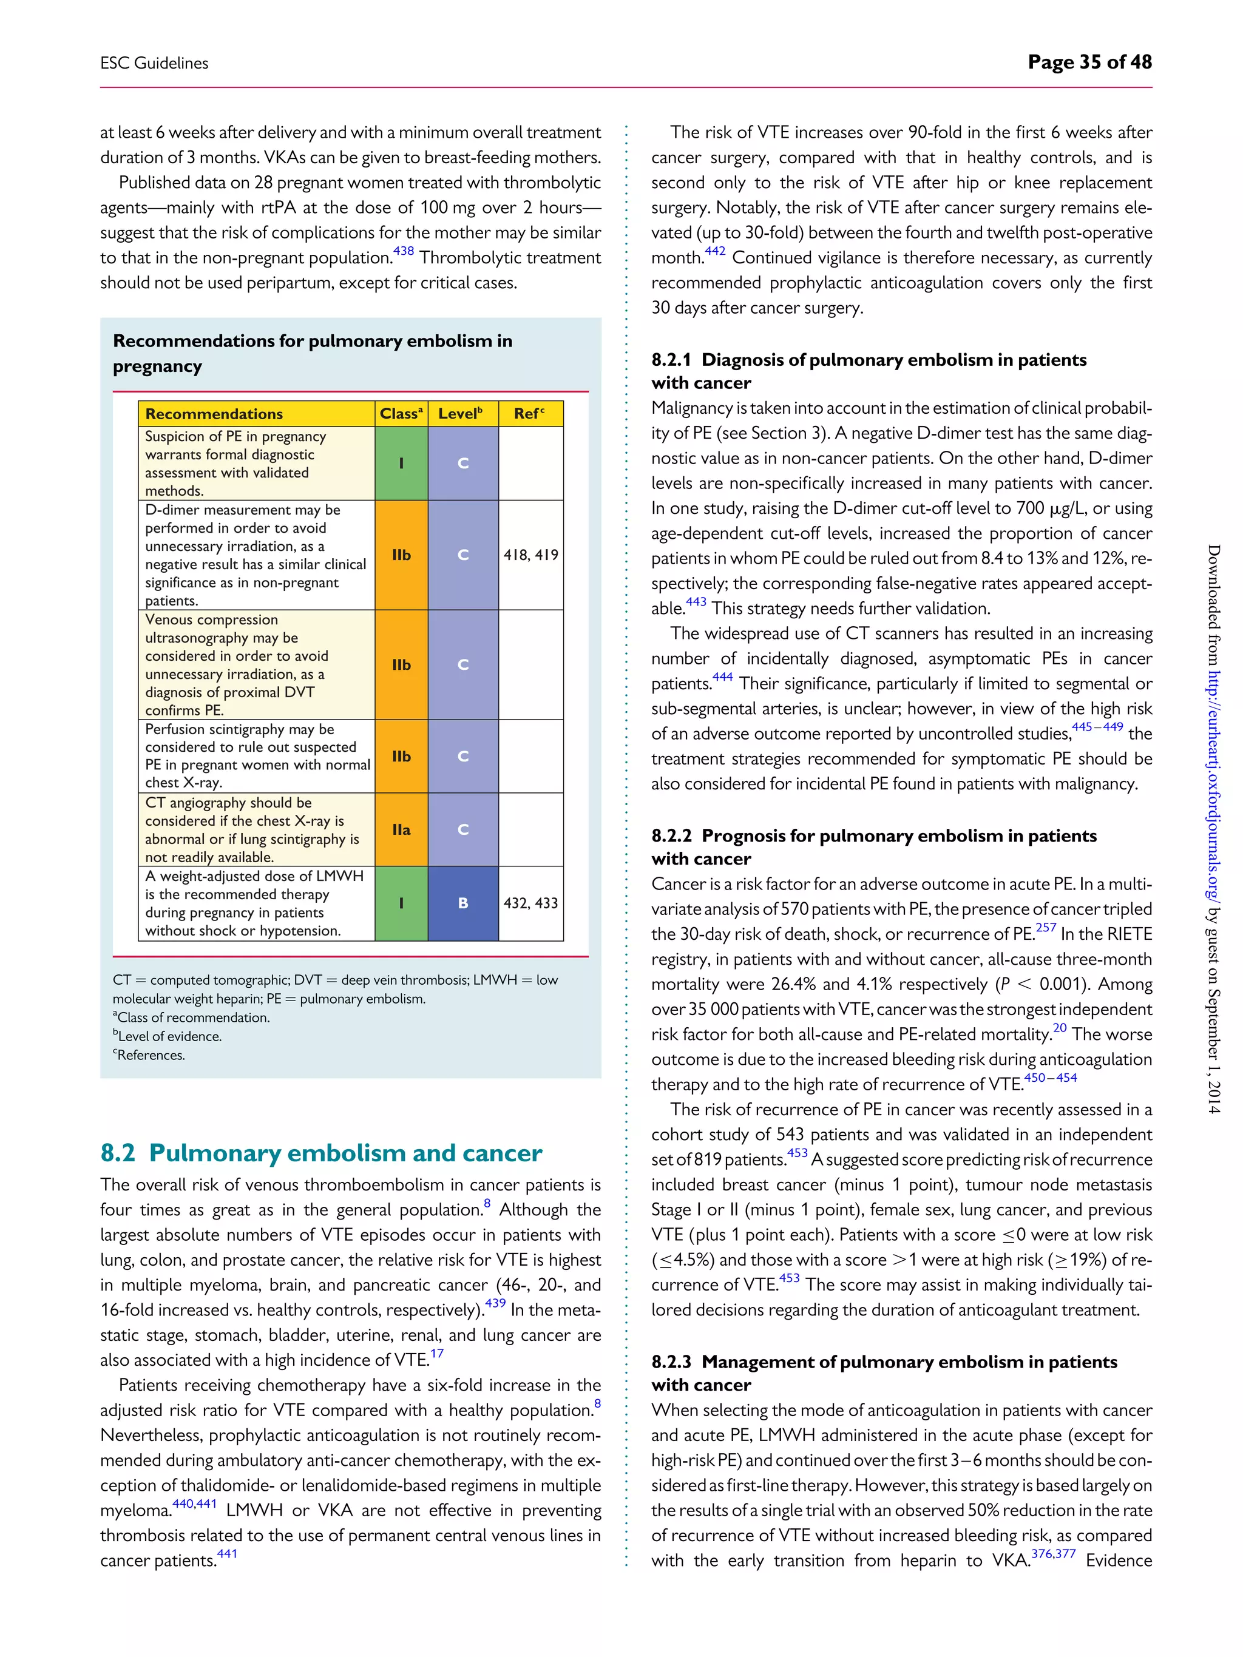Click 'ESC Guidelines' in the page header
154,64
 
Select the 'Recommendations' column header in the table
214,414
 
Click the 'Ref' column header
529,414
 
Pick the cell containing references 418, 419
530,555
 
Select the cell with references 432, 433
530,903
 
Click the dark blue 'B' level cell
463,903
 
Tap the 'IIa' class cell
402,830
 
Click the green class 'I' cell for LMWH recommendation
402,903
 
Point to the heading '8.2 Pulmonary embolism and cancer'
320,1153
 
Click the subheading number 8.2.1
671,360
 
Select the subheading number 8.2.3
671,1362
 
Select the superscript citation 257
1045,927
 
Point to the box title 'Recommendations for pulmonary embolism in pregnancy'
313,353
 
